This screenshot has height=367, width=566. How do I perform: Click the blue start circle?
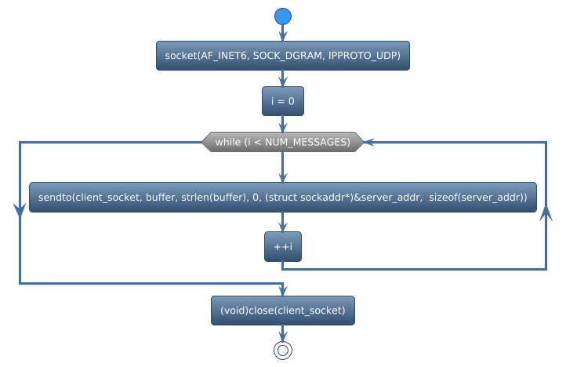pos(283,16)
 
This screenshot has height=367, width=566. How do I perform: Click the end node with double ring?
pos(283,351)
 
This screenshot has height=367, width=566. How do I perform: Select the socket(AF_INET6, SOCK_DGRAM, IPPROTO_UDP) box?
pos(283,56)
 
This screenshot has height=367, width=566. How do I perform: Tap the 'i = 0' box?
pos(283,102)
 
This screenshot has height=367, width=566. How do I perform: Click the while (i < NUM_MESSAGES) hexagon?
pos(283,142)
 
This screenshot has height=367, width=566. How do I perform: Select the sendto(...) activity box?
pos(283,197)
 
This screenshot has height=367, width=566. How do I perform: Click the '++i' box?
pos(283,247)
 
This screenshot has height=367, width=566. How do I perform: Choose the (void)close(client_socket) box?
pos(283,311)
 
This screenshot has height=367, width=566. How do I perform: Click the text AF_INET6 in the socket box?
pos(227,56)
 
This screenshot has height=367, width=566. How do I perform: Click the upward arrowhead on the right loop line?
pos(546,214)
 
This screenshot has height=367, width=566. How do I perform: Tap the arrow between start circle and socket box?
pos(283,33)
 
